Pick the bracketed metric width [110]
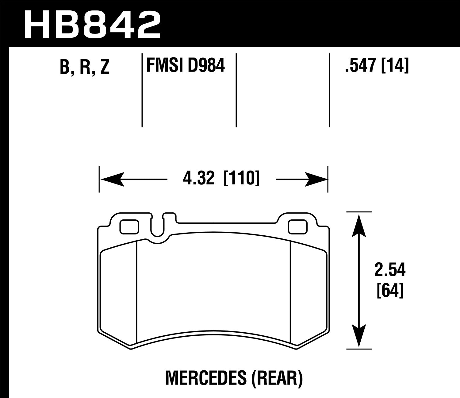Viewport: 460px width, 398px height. click(242, 179)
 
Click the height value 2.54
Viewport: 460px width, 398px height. click(390, 270)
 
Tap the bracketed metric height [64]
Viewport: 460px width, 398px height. click(389, 290)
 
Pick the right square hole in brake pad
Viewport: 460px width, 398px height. click(298, 227)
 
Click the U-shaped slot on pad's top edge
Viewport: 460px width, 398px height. click(158, 227)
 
